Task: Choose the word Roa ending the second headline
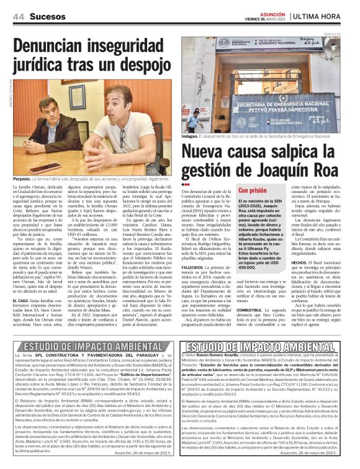click(333, 169)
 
